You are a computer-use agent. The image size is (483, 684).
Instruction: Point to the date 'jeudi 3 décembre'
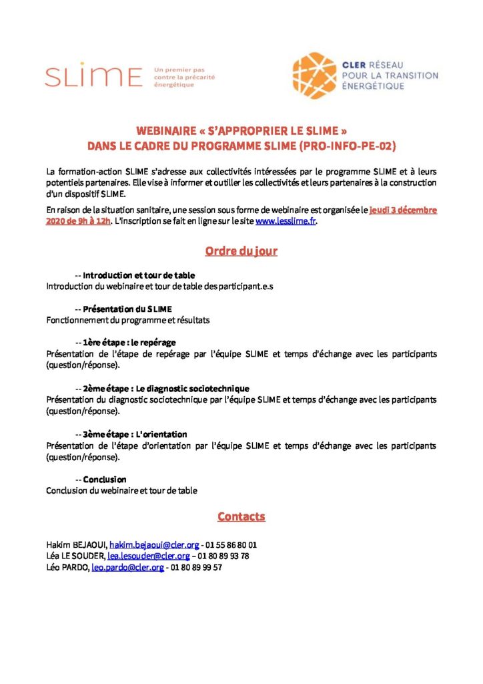pyautogui.click(x=403, y=210)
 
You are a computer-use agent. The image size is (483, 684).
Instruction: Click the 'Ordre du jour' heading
pyautogui.click(x=241, y=251)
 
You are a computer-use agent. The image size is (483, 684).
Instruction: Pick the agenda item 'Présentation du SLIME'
pyautogui.click(x=127, y=309)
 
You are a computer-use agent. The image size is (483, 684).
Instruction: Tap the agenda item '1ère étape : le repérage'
pyautogui.click(x=129, y=342)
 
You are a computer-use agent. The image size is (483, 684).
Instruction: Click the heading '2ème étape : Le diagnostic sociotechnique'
pyautogui.click(x=166, y=388)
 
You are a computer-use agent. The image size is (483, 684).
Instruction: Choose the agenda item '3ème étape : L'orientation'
pyautogui.click(x=135, y=434)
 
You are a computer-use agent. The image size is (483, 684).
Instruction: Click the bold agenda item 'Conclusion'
pyautogui.click(x=104, y=480)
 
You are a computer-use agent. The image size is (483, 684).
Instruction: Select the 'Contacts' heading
pyautogui.click(x=241, y=516)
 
